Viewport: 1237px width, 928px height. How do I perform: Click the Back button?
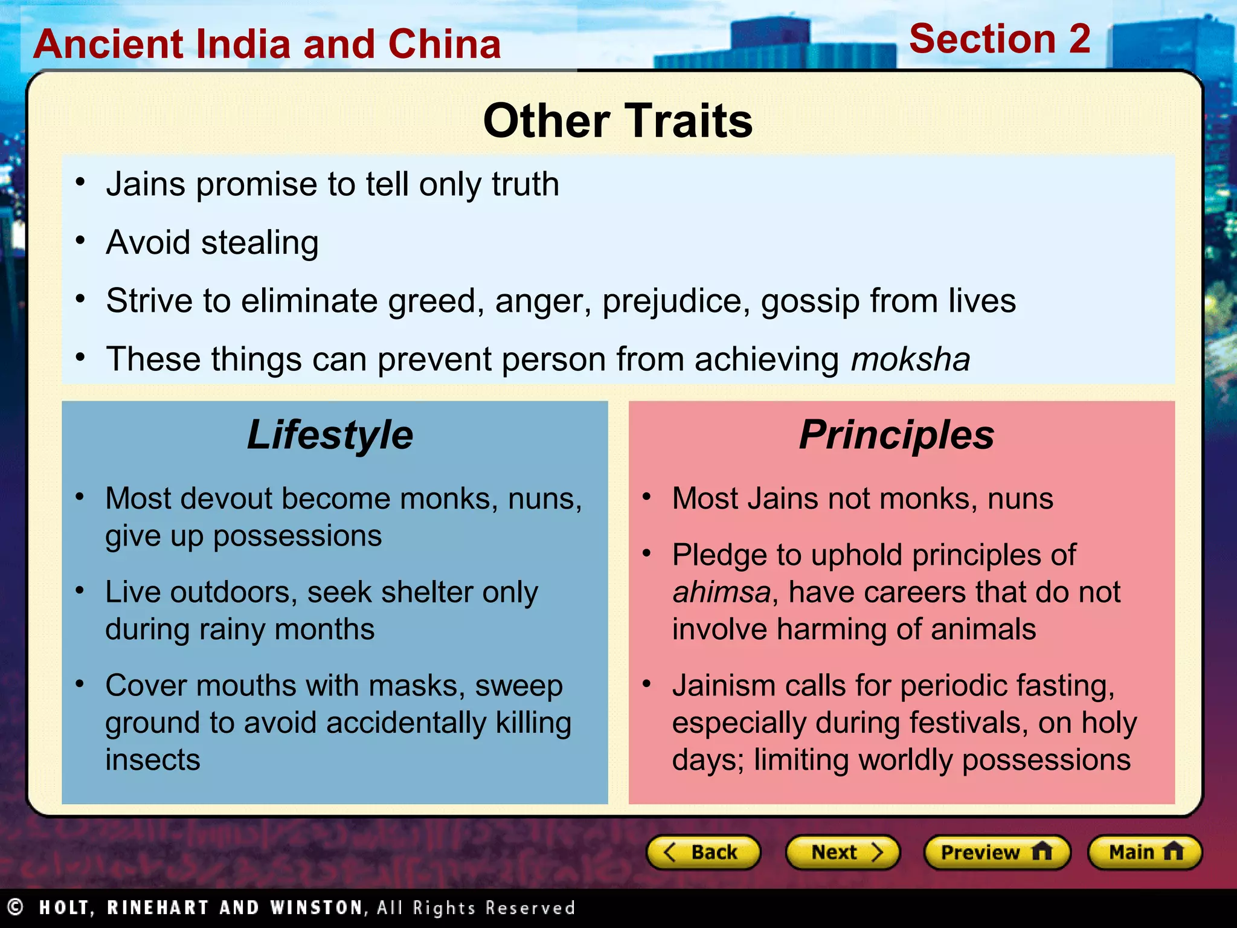[703, 852]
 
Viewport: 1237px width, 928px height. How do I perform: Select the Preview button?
[997, 852]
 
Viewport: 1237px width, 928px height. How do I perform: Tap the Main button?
[1145, 852]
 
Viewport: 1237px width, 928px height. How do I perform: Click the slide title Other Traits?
[618, 121]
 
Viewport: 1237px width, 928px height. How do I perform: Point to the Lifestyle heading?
[330, 435]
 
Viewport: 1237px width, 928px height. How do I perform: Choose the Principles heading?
[896, 435]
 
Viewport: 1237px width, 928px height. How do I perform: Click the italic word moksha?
[910, 359]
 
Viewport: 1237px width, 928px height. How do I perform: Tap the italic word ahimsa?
[722, 592]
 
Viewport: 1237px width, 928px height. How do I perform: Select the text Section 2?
[1000, 39]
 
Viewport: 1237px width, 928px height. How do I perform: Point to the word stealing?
[260, 243]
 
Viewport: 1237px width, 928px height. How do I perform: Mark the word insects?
[153, 760]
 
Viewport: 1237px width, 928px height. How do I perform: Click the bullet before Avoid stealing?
[80, 240]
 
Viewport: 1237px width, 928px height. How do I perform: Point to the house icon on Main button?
[1172, 851]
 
